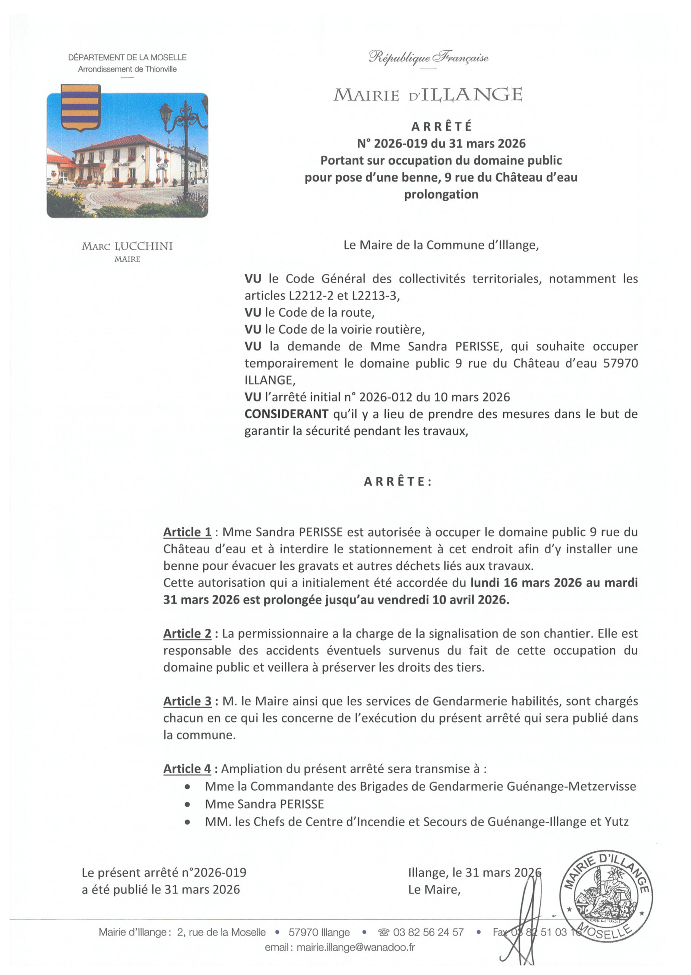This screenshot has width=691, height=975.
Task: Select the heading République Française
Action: [428, 57]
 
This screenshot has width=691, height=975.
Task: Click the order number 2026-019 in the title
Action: [401, 144]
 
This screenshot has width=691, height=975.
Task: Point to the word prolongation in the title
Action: [441, 195]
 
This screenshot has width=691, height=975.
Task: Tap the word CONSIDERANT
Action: [286, 414]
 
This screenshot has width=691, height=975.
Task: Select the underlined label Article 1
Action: [187, 532]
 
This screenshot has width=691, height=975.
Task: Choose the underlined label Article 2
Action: [187, 634]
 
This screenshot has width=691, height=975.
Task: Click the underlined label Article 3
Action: [187, 702]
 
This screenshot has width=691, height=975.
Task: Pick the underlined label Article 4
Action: [187, 769]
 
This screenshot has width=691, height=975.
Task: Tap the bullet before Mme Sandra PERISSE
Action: [187, 804]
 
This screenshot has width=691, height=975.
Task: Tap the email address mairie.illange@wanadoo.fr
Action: [355, 947]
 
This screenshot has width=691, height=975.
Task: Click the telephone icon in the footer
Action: [383, 932]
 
